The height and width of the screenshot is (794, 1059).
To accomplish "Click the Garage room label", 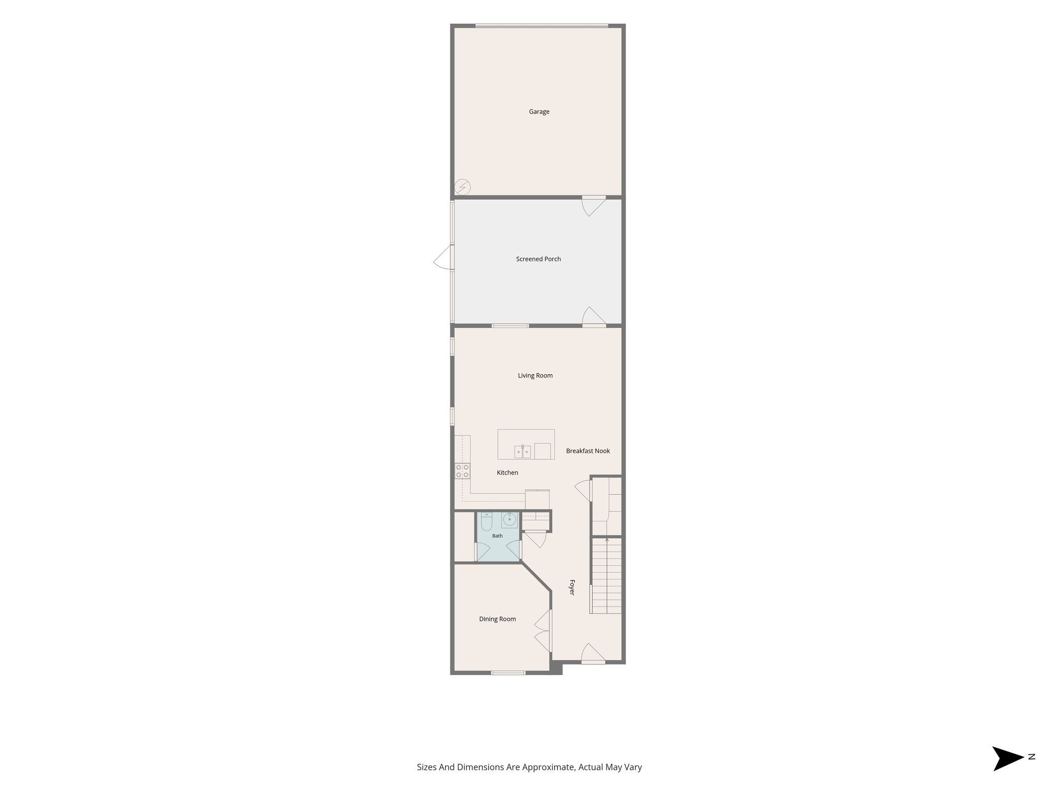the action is click(x=539, y=112).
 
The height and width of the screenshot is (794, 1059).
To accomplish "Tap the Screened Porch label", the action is click(x=538, y=259).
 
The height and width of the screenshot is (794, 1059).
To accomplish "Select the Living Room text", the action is click(x=535, y=376).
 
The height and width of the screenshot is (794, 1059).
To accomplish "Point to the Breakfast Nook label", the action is click(x=588, y=451).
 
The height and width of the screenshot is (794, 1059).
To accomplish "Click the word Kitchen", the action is click(x=507, y=472).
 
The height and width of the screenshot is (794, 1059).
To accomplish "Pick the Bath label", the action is click(x=497, y=536).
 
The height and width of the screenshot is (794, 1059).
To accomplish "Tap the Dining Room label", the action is click(x=497, y=619).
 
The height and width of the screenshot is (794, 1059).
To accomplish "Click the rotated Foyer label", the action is click(x=572, y=587).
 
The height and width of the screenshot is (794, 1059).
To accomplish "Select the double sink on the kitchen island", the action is click(x=522, y=452).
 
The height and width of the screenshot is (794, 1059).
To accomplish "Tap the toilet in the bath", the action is click(x=487, y=521).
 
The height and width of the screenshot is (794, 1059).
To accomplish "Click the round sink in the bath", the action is click(x=509, y=520).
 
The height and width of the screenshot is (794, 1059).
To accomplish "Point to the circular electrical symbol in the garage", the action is click(x=462, y=187).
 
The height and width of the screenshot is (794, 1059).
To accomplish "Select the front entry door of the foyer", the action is click(x=593, y=653).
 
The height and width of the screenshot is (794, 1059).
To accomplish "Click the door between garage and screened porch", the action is click(x=594, y=206).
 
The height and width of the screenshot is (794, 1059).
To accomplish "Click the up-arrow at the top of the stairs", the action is click(x=607, y=540).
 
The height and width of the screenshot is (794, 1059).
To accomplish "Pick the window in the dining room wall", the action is click(x=508, y=673).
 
